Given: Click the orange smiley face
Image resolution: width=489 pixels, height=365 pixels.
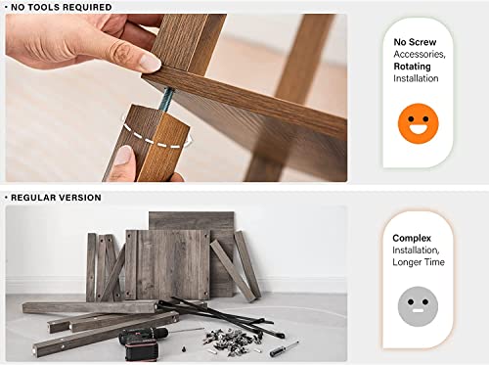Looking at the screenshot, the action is click(x=419, y=123).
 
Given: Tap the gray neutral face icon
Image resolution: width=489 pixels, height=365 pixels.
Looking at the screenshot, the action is click(x=418, y=306).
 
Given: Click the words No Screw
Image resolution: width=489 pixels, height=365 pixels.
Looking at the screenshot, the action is click(x=415, y=42).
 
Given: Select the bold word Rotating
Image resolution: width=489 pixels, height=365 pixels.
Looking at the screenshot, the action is click(x=412, y=67).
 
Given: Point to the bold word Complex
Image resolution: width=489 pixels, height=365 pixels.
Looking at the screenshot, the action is click(x=412, y=238).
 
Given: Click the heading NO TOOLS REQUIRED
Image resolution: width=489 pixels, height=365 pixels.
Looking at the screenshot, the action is click(x=62, y=7).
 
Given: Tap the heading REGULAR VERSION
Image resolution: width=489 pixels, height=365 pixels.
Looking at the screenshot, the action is click(x=56, y=198).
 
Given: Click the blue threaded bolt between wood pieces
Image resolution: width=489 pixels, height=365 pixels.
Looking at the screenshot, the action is click(x=167, y=99).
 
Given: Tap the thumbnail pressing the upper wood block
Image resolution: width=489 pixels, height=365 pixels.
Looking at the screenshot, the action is click(x=150, y=63).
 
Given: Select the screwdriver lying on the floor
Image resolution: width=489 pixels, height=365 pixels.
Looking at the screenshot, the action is click(x=284, y=349).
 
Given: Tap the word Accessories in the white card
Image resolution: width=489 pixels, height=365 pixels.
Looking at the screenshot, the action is click(x=419, y=54).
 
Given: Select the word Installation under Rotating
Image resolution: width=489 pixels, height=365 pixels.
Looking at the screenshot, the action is click(x=416, y=78).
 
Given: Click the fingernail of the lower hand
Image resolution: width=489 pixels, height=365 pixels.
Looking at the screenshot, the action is click(x=124, y=155).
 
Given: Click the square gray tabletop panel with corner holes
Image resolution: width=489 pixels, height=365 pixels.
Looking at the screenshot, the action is click(x=168, y=264).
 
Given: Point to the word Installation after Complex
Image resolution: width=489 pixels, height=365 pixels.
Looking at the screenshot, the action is click(x=415, y=251).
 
